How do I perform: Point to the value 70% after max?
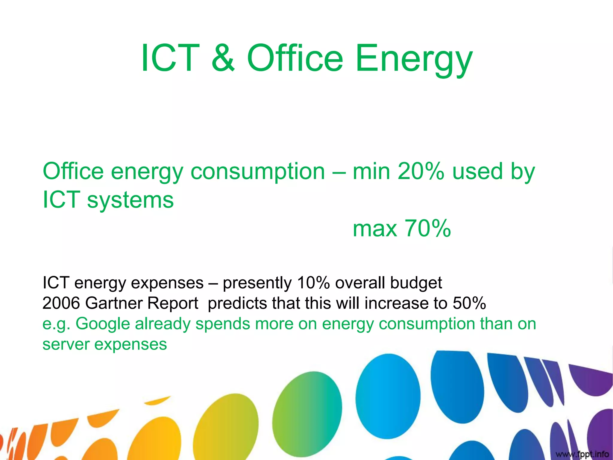tap(428, 229)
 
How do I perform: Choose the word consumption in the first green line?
tap(258, 172)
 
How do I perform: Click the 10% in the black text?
tap(313, 282)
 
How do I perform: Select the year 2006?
tap(61, 303)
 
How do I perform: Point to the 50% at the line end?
tap(469, 303)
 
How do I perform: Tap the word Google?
tap(103, 324)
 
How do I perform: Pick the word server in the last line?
tap(66, 344)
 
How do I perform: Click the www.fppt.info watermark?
tap(582, 454)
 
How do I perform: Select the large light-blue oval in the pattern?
tap(388, 396)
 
